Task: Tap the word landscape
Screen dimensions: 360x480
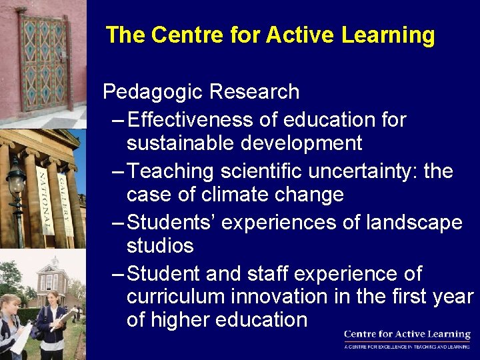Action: click(414, 222)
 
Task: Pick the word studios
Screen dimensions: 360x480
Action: click(160, 245)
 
